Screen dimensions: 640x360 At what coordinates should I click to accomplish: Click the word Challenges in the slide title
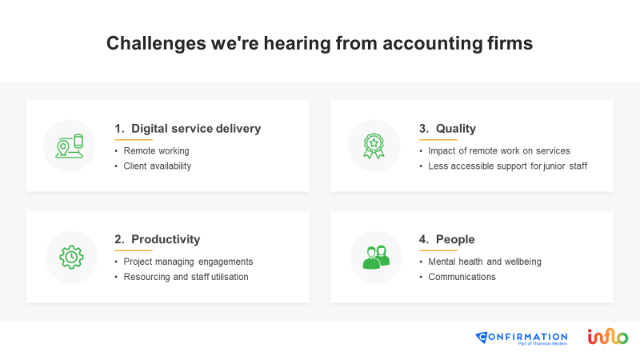pos(156,44)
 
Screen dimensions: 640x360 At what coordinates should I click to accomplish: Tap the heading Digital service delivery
pos(196,129)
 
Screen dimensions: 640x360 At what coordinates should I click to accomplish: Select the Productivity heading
pos(166,239)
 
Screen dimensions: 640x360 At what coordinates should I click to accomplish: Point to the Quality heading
pos(456,129)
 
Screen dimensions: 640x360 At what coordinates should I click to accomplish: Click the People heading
pos(455,239)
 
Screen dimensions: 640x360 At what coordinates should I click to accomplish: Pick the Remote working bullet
pos(156,151)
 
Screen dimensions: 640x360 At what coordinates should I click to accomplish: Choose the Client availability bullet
pos(157,166)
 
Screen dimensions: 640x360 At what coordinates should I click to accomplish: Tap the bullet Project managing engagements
pos(188,262)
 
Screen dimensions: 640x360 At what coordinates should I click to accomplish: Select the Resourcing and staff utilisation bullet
pos(186,277)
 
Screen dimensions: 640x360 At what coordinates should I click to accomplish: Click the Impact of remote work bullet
pos(499,151)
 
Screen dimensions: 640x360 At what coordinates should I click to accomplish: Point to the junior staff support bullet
pos(508,166)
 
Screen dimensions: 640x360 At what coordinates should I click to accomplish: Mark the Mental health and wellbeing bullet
pos(485,262)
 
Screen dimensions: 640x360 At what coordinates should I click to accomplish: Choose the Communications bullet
pos(462,277)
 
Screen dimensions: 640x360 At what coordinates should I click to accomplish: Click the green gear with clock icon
pos(71,257)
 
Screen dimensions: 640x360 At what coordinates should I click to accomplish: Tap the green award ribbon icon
pos(374,146)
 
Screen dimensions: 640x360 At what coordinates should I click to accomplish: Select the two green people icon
pos(376,257)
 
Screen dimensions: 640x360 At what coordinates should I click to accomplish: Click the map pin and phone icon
pos(70,146)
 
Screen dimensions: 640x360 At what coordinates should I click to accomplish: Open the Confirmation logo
pos(522,338)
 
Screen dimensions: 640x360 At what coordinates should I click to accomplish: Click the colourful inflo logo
pos(608,336)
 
